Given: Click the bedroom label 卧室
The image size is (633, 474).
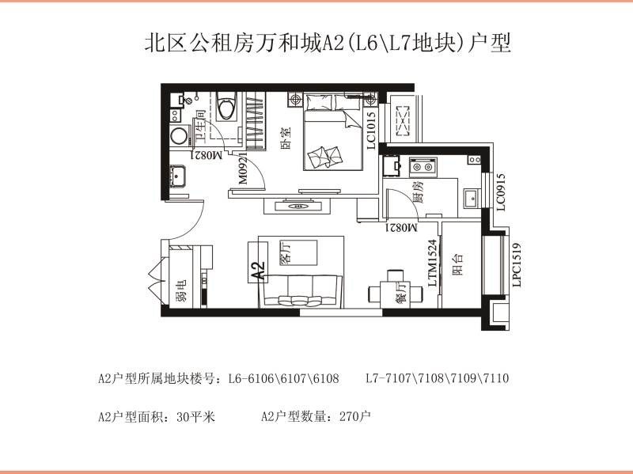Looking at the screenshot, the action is pyautogui.click(x=286, y=138).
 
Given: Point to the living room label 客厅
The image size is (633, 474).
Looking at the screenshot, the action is pyautogui.click(x=285, y=253).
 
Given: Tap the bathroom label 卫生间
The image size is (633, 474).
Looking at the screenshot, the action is pyautogui.click(x=201, y=126).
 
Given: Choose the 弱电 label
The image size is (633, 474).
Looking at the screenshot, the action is pyautogui.click(x=182, y=291).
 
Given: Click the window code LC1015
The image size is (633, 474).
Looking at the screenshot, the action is pyautogui.click(x=371, y=131).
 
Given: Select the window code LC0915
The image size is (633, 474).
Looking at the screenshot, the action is pyautogui.click(x=501, y=192).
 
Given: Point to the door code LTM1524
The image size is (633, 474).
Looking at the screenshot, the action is pyautogui.click(x=432, y=263).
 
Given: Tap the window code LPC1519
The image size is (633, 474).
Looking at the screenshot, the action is pyautogui.click(x=517, y=265).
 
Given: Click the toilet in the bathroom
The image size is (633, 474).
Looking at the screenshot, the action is pyautogui.click(x=226, y=106).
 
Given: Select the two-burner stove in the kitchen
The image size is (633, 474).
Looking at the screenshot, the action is pyautogui.click(x=423, y=166).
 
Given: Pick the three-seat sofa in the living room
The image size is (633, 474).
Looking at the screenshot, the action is pyautogui.click(x=301, y=290).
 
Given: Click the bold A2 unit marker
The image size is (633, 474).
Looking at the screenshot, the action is pyautogui.click(x=258, y=271).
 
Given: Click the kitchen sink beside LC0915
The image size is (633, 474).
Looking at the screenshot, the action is pyautogui.click(x=471, y=199).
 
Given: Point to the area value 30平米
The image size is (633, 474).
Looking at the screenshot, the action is pyautogui.click(x=195, y=416).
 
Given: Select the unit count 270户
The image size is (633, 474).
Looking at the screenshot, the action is pyautogui.click(x=354, y=416).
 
